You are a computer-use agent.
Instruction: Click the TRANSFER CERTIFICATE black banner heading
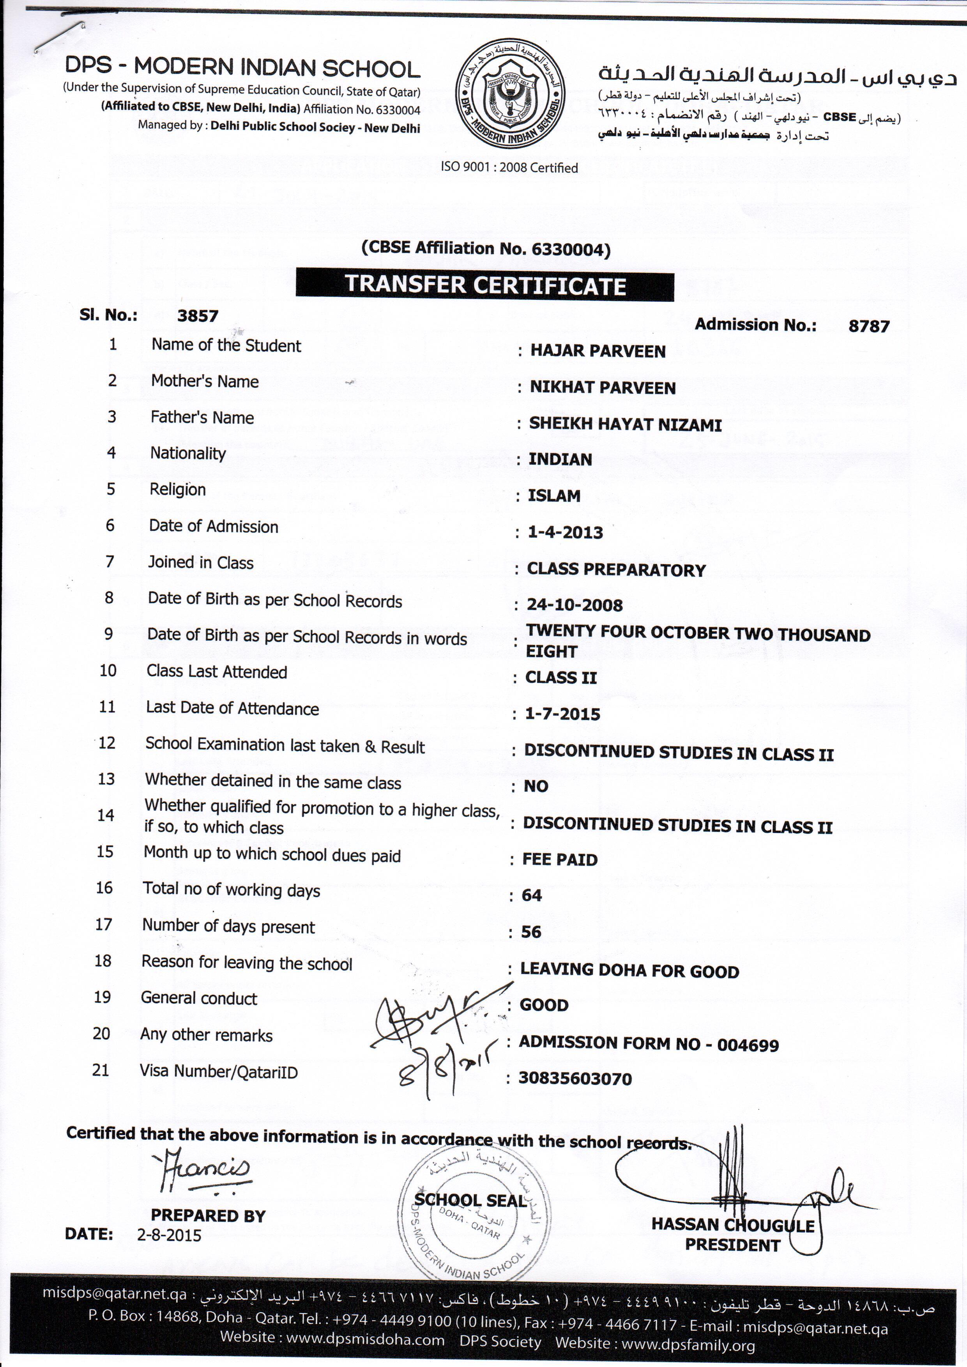point(485,285)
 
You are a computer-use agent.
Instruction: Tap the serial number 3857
point(198,316)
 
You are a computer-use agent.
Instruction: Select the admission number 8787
point(869,326)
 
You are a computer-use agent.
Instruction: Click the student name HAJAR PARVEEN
point(598,351)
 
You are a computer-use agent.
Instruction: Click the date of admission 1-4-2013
point(565,532)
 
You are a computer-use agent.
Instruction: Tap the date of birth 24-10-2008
point(575,605)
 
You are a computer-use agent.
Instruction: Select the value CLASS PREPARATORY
point(616,570)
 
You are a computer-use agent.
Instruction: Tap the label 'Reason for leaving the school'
point(246,963)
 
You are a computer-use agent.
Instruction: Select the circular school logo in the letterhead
point(510,94)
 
